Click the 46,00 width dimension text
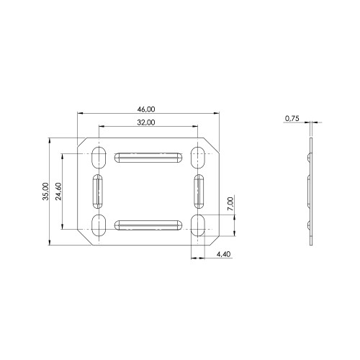tap(146, 109)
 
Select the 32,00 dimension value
tap(146, 123)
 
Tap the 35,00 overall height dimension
tap(46, 191)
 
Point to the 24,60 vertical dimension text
tap(59, 191)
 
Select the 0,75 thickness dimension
tap(292, 117)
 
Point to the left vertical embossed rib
tap(99, 191)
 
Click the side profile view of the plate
tap(311, 191)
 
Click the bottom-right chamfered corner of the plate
tap(214, 238)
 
